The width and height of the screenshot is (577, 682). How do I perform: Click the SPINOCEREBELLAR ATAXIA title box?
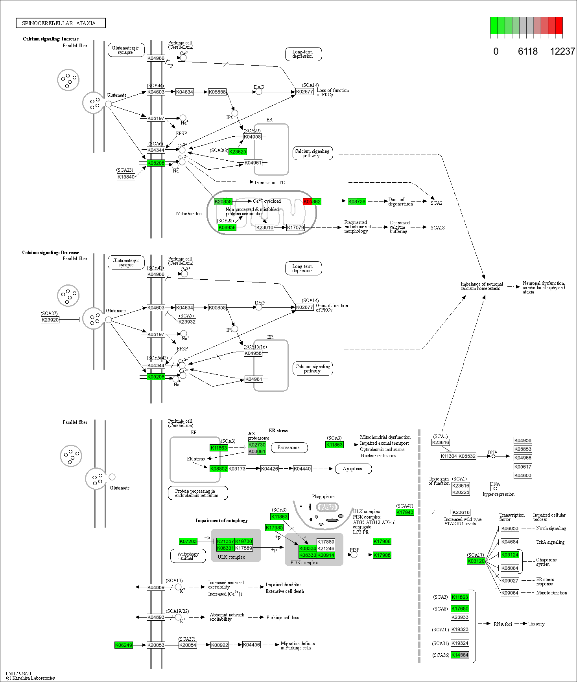61,23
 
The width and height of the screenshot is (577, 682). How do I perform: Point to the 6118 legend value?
527,51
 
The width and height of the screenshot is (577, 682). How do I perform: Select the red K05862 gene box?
312,202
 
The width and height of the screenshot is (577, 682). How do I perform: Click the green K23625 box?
238,152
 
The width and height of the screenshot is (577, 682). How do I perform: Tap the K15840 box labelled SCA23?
126,177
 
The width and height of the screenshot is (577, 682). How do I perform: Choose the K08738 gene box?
357,202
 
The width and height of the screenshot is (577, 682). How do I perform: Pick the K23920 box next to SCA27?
50,320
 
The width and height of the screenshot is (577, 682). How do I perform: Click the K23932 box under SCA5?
187,322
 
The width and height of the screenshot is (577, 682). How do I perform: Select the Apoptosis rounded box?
353,469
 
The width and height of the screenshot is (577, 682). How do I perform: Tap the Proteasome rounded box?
288,447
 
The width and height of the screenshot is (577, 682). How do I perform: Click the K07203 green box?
188,541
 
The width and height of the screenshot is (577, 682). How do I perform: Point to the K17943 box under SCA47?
405,512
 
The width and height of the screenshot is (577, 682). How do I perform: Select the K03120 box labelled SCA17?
476,561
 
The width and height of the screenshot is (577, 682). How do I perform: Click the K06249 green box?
124,645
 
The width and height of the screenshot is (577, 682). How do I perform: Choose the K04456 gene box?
251,645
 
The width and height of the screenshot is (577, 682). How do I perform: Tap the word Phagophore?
323,497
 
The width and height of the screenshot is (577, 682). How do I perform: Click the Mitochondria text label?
189,214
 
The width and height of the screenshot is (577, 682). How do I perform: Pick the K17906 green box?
382,541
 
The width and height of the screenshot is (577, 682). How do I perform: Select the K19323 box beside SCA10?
460,629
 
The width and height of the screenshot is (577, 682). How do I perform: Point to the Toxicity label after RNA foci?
536,624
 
